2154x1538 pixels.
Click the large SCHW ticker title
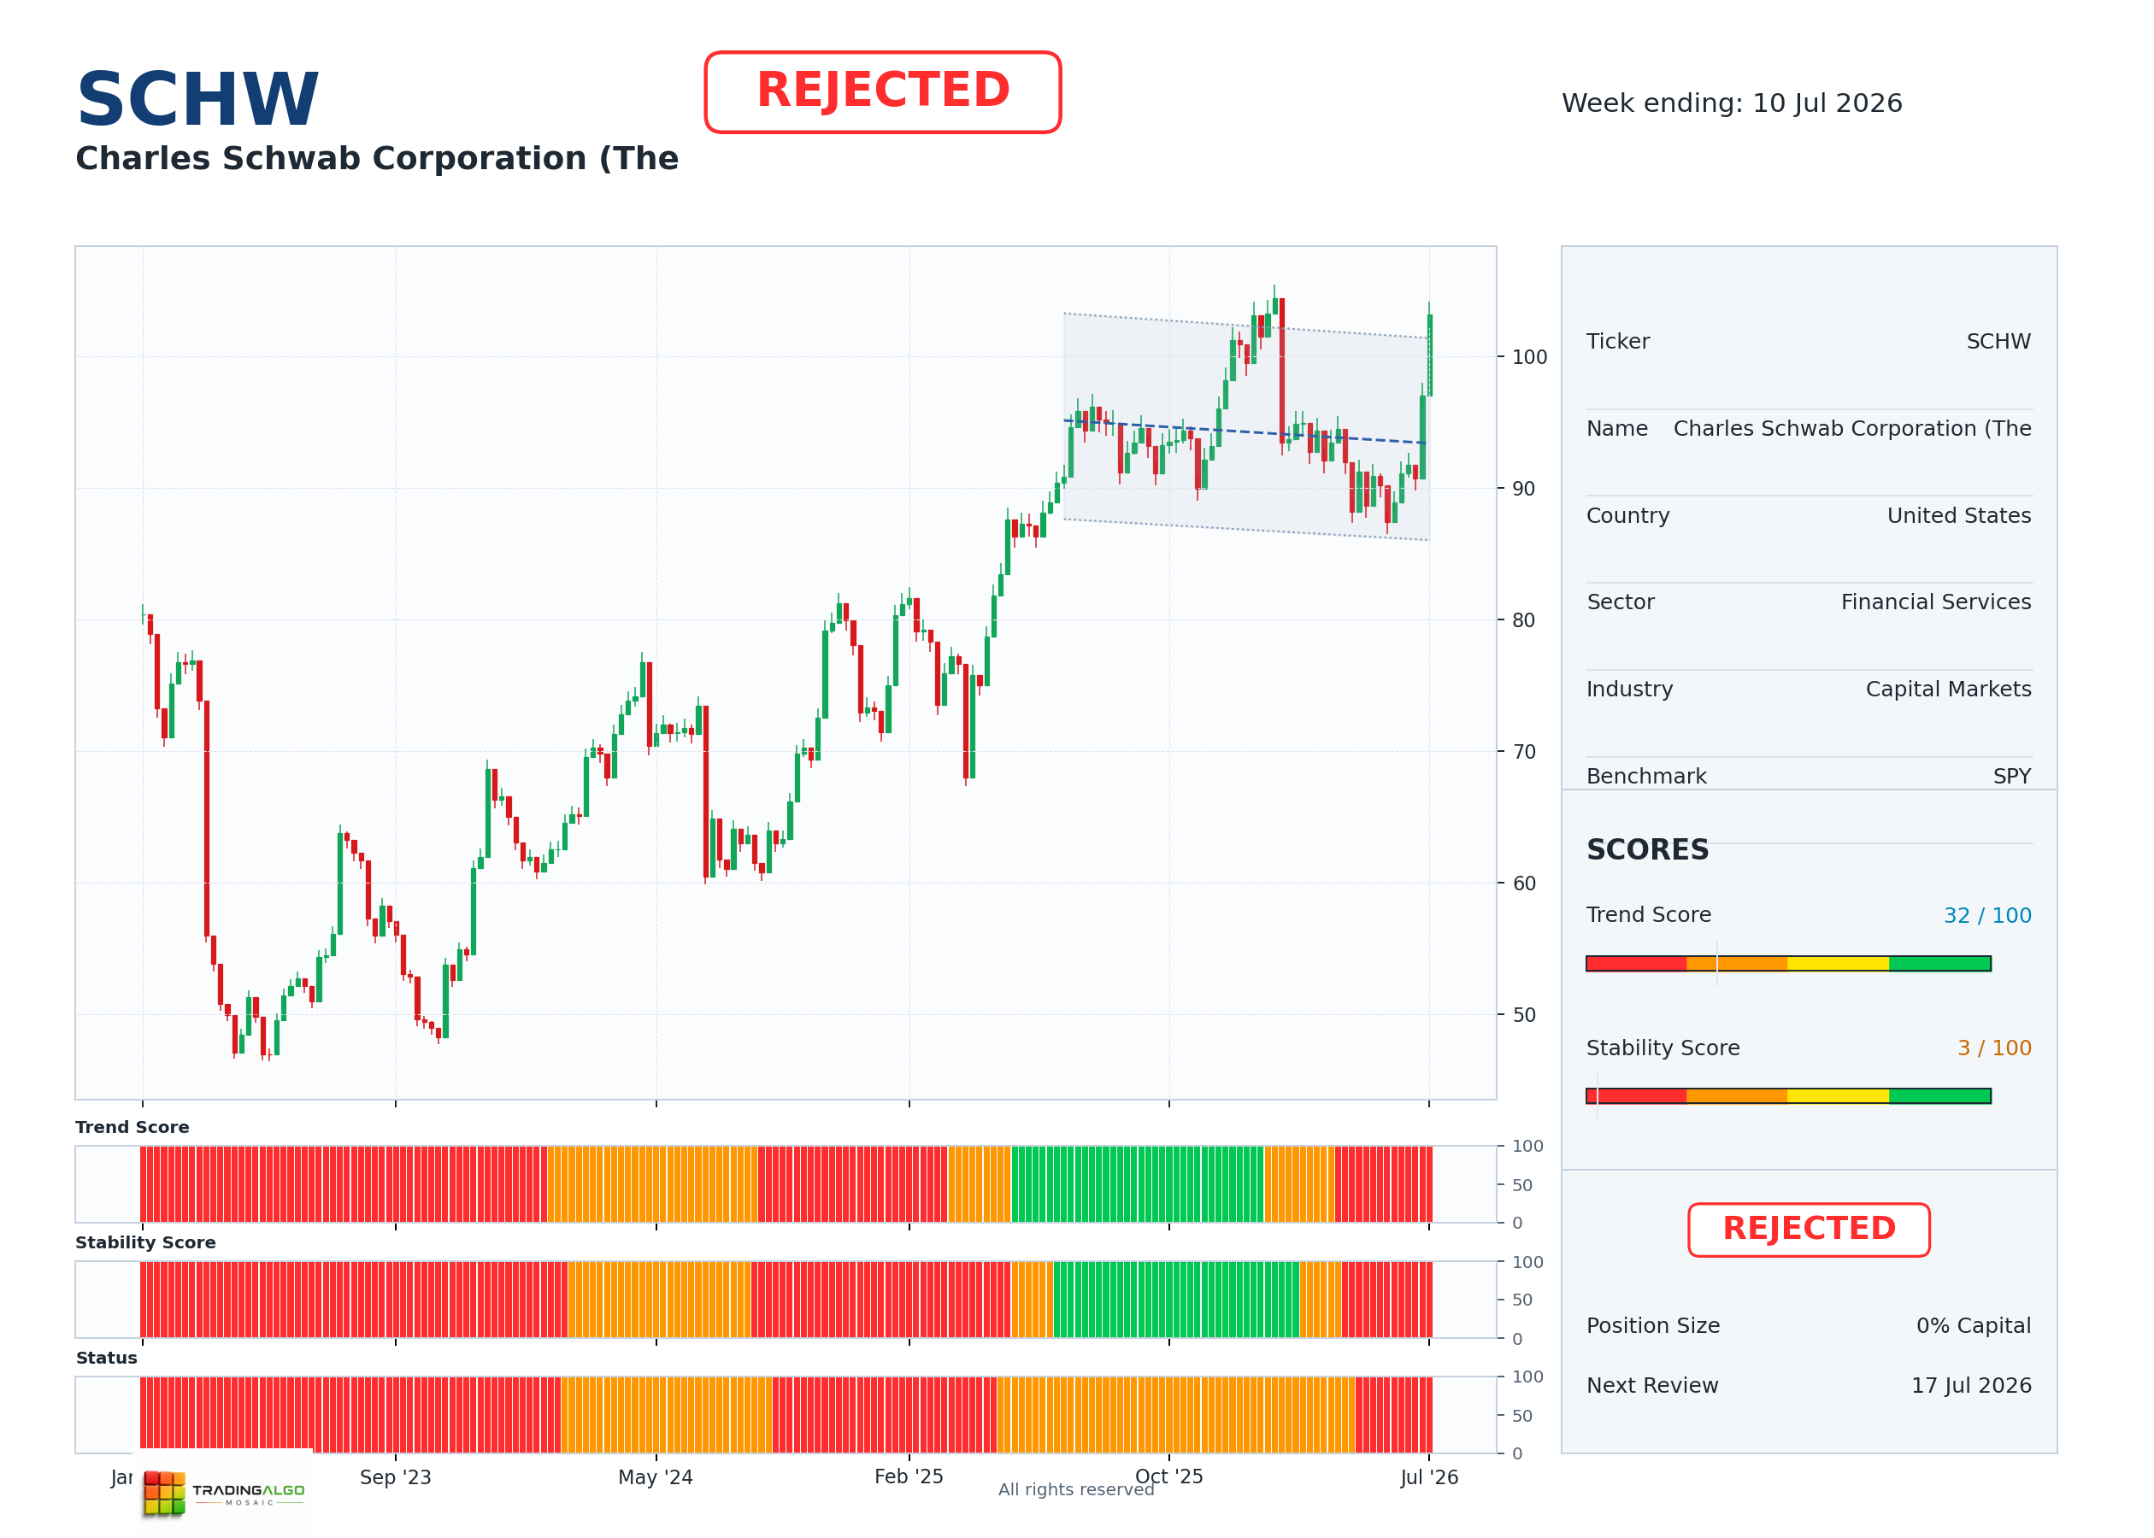pyautogui.click(x=198, y=99)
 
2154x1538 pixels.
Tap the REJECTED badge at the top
pyautogui.click(x=883, y=92)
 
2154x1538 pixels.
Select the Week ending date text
pyautogui.click(x=1732, y=103)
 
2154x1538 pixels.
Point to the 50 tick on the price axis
pyautogui.click(x=1523, y=1015)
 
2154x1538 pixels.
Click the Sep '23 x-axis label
pyautogui.click(x=395, y=1477)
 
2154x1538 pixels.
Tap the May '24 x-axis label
pyautogui.click(x=656, y=1477)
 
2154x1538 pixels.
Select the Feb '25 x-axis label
pyautogui.click(x=909, y=1476)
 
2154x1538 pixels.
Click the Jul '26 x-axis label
pyautogui.click(x=1429, y=1477)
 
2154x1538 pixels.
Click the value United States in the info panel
pyautogui.click(x=1959, y=515)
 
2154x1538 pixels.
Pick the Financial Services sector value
pyautogui.click(x=1936, y=602)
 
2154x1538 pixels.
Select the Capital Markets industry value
pyautogui.click(x=1949, y=690)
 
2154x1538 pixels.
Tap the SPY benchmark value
pyautogui.click(x=2012, y=777)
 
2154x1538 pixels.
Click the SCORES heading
pyautogui.click(x=1648, y=849)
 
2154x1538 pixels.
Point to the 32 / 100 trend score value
pyautogui.click(x=1987, y=916)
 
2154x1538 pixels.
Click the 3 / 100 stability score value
pyautogui.click(x=1994, y=1048)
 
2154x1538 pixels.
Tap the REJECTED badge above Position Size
pyautogui.click(x=1810, y=1230)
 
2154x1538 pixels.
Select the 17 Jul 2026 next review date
pyautogui.click(x=1971, y=1386)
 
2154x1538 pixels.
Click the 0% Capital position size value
pyautogui.click(x=1974, y=1326)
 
